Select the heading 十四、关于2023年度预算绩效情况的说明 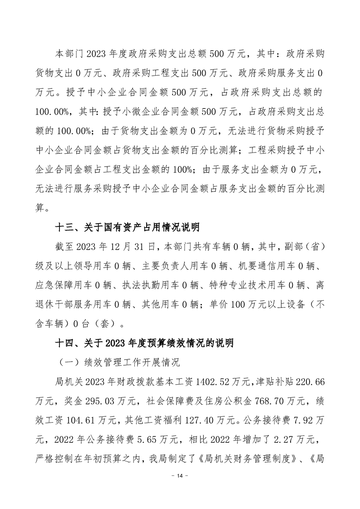(144, 343)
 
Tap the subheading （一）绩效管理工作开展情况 (118, 362)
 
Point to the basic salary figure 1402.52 (214, 382)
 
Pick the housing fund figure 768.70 (269, 401)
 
